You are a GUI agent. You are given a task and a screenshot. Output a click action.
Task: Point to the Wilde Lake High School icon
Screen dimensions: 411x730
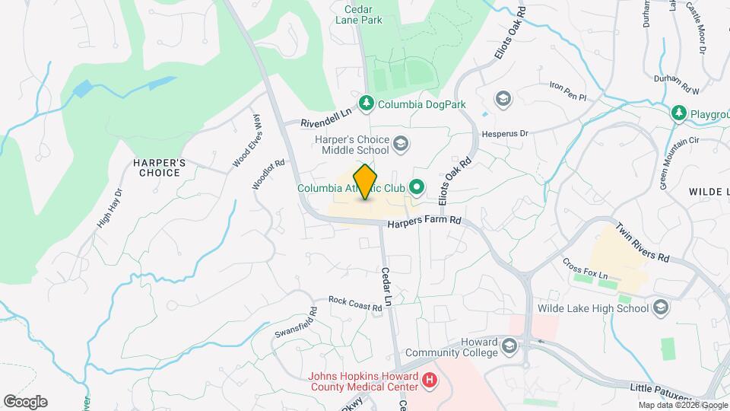pos(660,308)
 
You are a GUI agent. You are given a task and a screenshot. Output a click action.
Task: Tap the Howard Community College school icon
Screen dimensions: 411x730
pos(509,347)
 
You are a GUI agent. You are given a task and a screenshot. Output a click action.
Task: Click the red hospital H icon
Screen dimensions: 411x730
pos(429,379)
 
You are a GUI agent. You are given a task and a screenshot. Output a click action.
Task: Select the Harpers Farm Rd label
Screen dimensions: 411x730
pos(424,222)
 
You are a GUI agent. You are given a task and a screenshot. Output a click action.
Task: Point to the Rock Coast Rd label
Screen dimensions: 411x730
pos(354,302)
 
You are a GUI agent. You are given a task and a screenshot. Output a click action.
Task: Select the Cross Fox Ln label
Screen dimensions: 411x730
pos(586,267)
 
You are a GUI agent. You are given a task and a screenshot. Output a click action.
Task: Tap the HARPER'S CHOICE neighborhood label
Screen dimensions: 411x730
pos(159,167)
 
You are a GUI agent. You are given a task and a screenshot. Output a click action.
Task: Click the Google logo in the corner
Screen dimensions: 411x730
pos(25,401)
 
